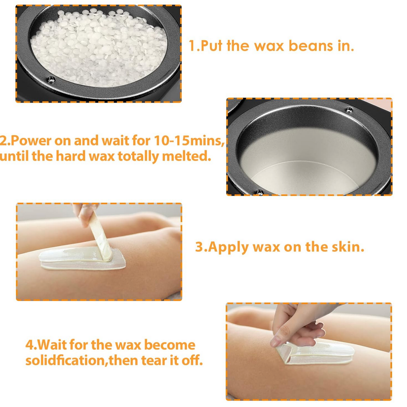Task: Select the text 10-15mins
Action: tap(189, 141)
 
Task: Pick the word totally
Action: tap(138, 157)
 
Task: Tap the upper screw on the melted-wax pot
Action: tap(349, 110)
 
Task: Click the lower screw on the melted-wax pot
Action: tap(260, 192)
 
